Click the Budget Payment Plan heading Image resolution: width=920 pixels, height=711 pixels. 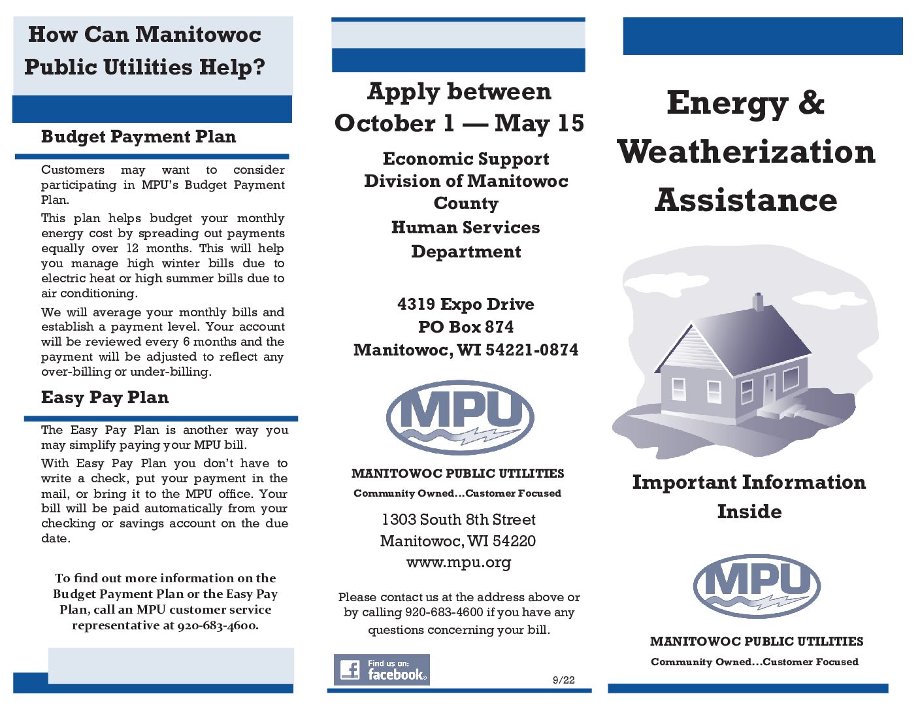point(138,137)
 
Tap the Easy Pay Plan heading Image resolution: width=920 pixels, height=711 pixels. point(105,397)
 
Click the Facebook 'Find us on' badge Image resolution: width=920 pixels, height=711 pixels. point(382,670)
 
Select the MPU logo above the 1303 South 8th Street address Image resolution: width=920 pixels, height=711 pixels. point(460,417)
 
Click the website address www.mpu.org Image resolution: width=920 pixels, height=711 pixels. point(459,562)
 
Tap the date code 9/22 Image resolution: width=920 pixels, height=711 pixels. point(563,680)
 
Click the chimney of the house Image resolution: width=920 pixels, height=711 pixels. point(758,301)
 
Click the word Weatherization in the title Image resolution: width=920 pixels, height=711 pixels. point(746,152)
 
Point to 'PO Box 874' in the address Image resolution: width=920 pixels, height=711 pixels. point(466,327)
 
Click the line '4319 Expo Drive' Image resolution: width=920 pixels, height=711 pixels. point(466,304)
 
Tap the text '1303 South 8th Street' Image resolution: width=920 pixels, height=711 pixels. point(459,520)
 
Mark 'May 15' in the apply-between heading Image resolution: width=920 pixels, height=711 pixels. point(539,124)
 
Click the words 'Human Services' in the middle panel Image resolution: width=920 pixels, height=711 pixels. point(466,227)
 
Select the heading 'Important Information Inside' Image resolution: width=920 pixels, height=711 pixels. point(749,496)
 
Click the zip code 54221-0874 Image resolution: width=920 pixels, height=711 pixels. point(532,350)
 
